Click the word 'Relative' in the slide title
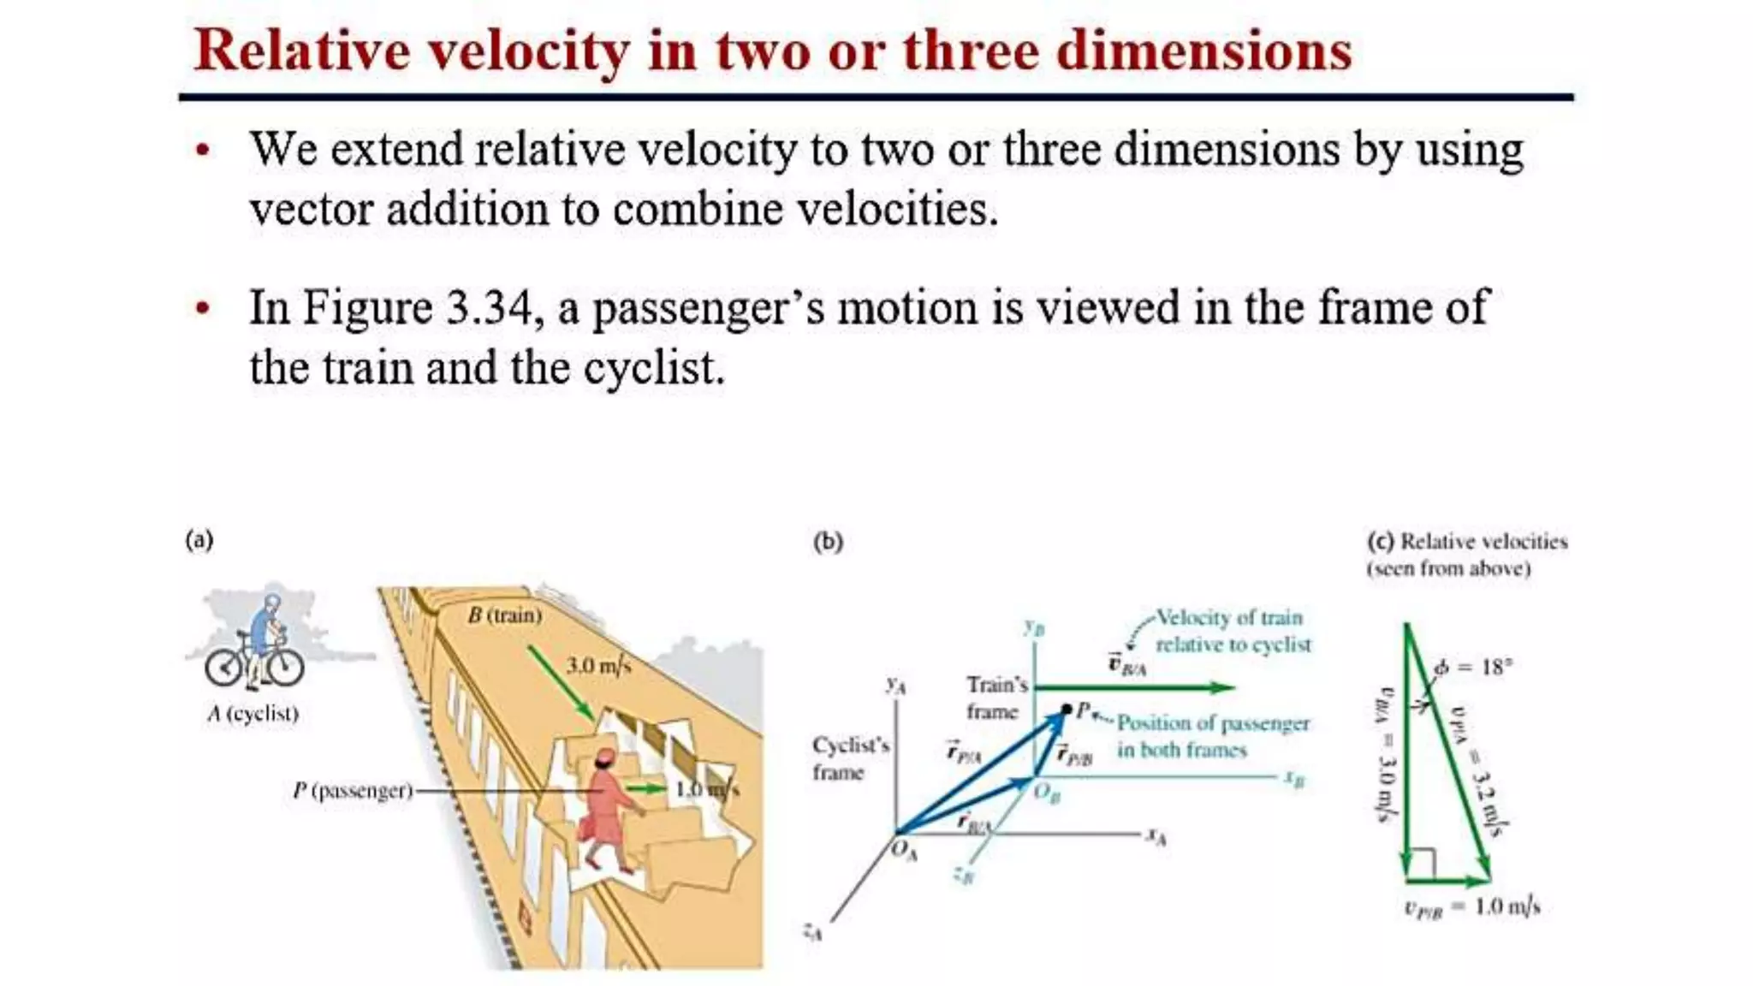point(301,50)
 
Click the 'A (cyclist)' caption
point(253,714)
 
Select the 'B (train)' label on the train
point(505,615)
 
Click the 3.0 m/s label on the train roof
point(598,665)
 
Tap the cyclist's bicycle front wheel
point(282,667)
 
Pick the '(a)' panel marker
point(199,540)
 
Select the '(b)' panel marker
point(828,542)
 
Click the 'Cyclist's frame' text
point(850,758)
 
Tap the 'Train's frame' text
point(996,698)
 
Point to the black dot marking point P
point(1067,710)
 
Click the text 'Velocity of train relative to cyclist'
point(1232,631)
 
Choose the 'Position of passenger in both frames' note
point(1212,736)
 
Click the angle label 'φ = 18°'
point(1472,667)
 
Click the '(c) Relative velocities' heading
point(1467,542)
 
